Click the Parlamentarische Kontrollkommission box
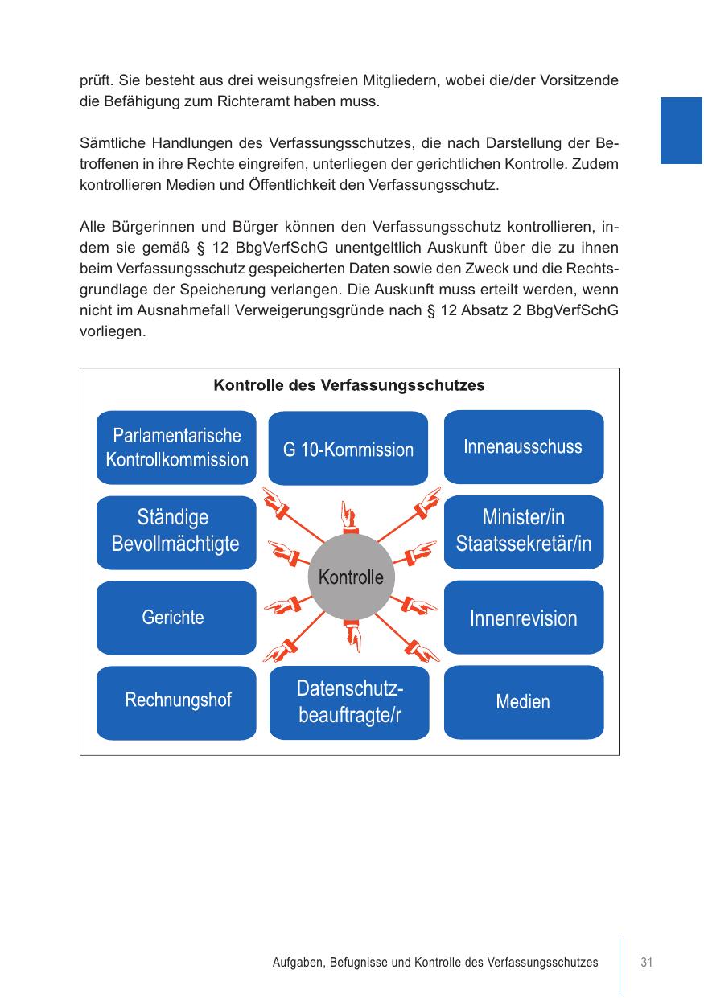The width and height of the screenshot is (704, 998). click(176, 447)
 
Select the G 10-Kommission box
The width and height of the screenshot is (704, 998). click(348, 449)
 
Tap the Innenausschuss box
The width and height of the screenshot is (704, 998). click(523, 446)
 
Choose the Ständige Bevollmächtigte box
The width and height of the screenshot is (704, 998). click(176, 532)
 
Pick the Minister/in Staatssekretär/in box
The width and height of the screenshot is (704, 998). click(523, 532)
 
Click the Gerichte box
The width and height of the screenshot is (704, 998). click(176, 617)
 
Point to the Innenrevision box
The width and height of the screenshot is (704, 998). click(523, 617)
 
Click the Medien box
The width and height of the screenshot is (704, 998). click(523, 701)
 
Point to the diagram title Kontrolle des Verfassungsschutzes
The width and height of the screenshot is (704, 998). click(348, 385)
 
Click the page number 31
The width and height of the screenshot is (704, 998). click(646, 962)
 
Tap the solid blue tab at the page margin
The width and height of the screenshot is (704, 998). click(681, 130)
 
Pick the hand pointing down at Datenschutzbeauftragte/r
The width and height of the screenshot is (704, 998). click(352, 637)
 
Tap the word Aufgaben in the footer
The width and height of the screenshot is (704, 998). click(297, 962)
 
